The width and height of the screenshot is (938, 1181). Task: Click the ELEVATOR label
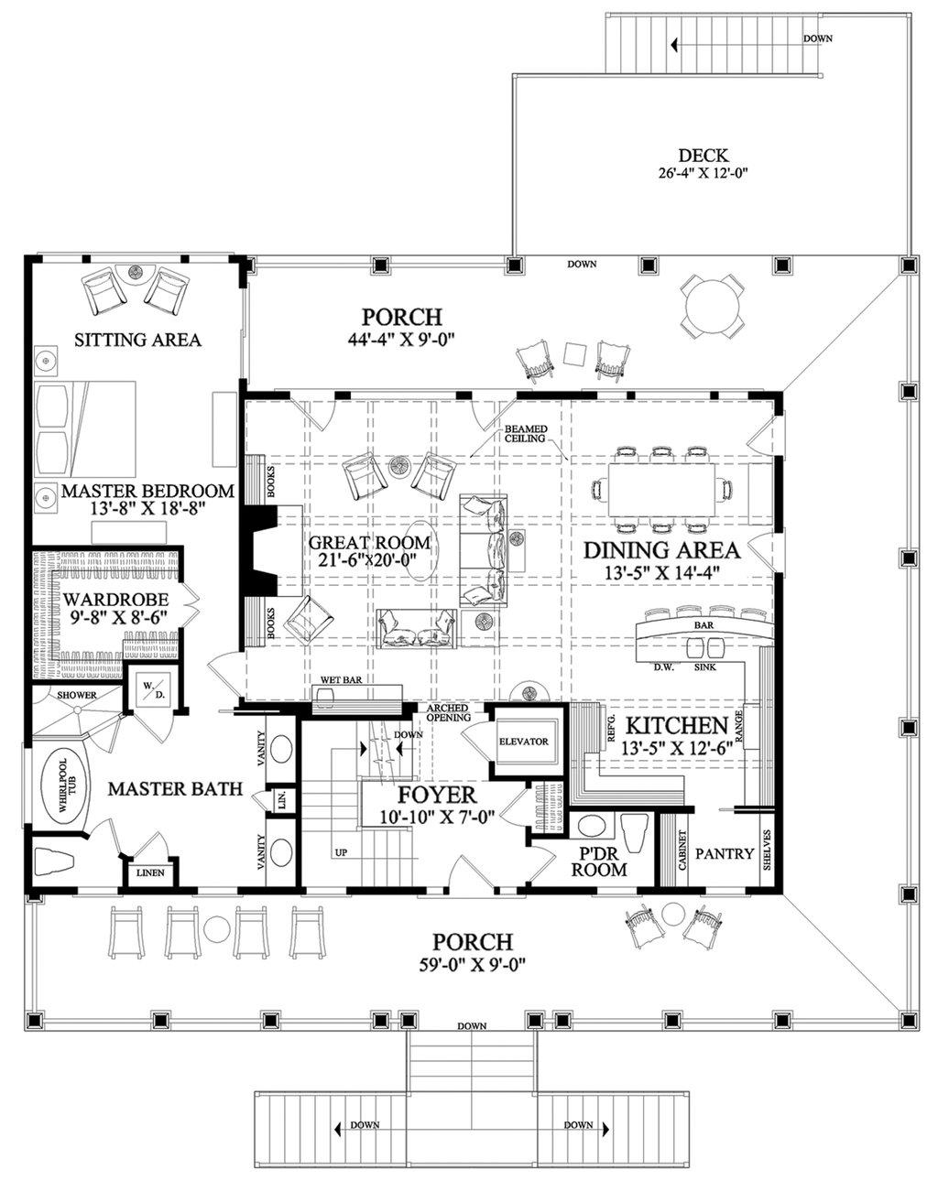click(523, 742)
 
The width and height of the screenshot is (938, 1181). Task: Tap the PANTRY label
click(724, 854)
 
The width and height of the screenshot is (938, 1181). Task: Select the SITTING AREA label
click(137, 340)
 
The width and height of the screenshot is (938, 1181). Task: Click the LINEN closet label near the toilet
click(150, 872)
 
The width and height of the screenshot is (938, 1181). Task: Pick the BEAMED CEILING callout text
click(524, 433)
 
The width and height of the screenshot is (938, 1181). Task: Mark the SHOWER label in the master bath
click(53, 695)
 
